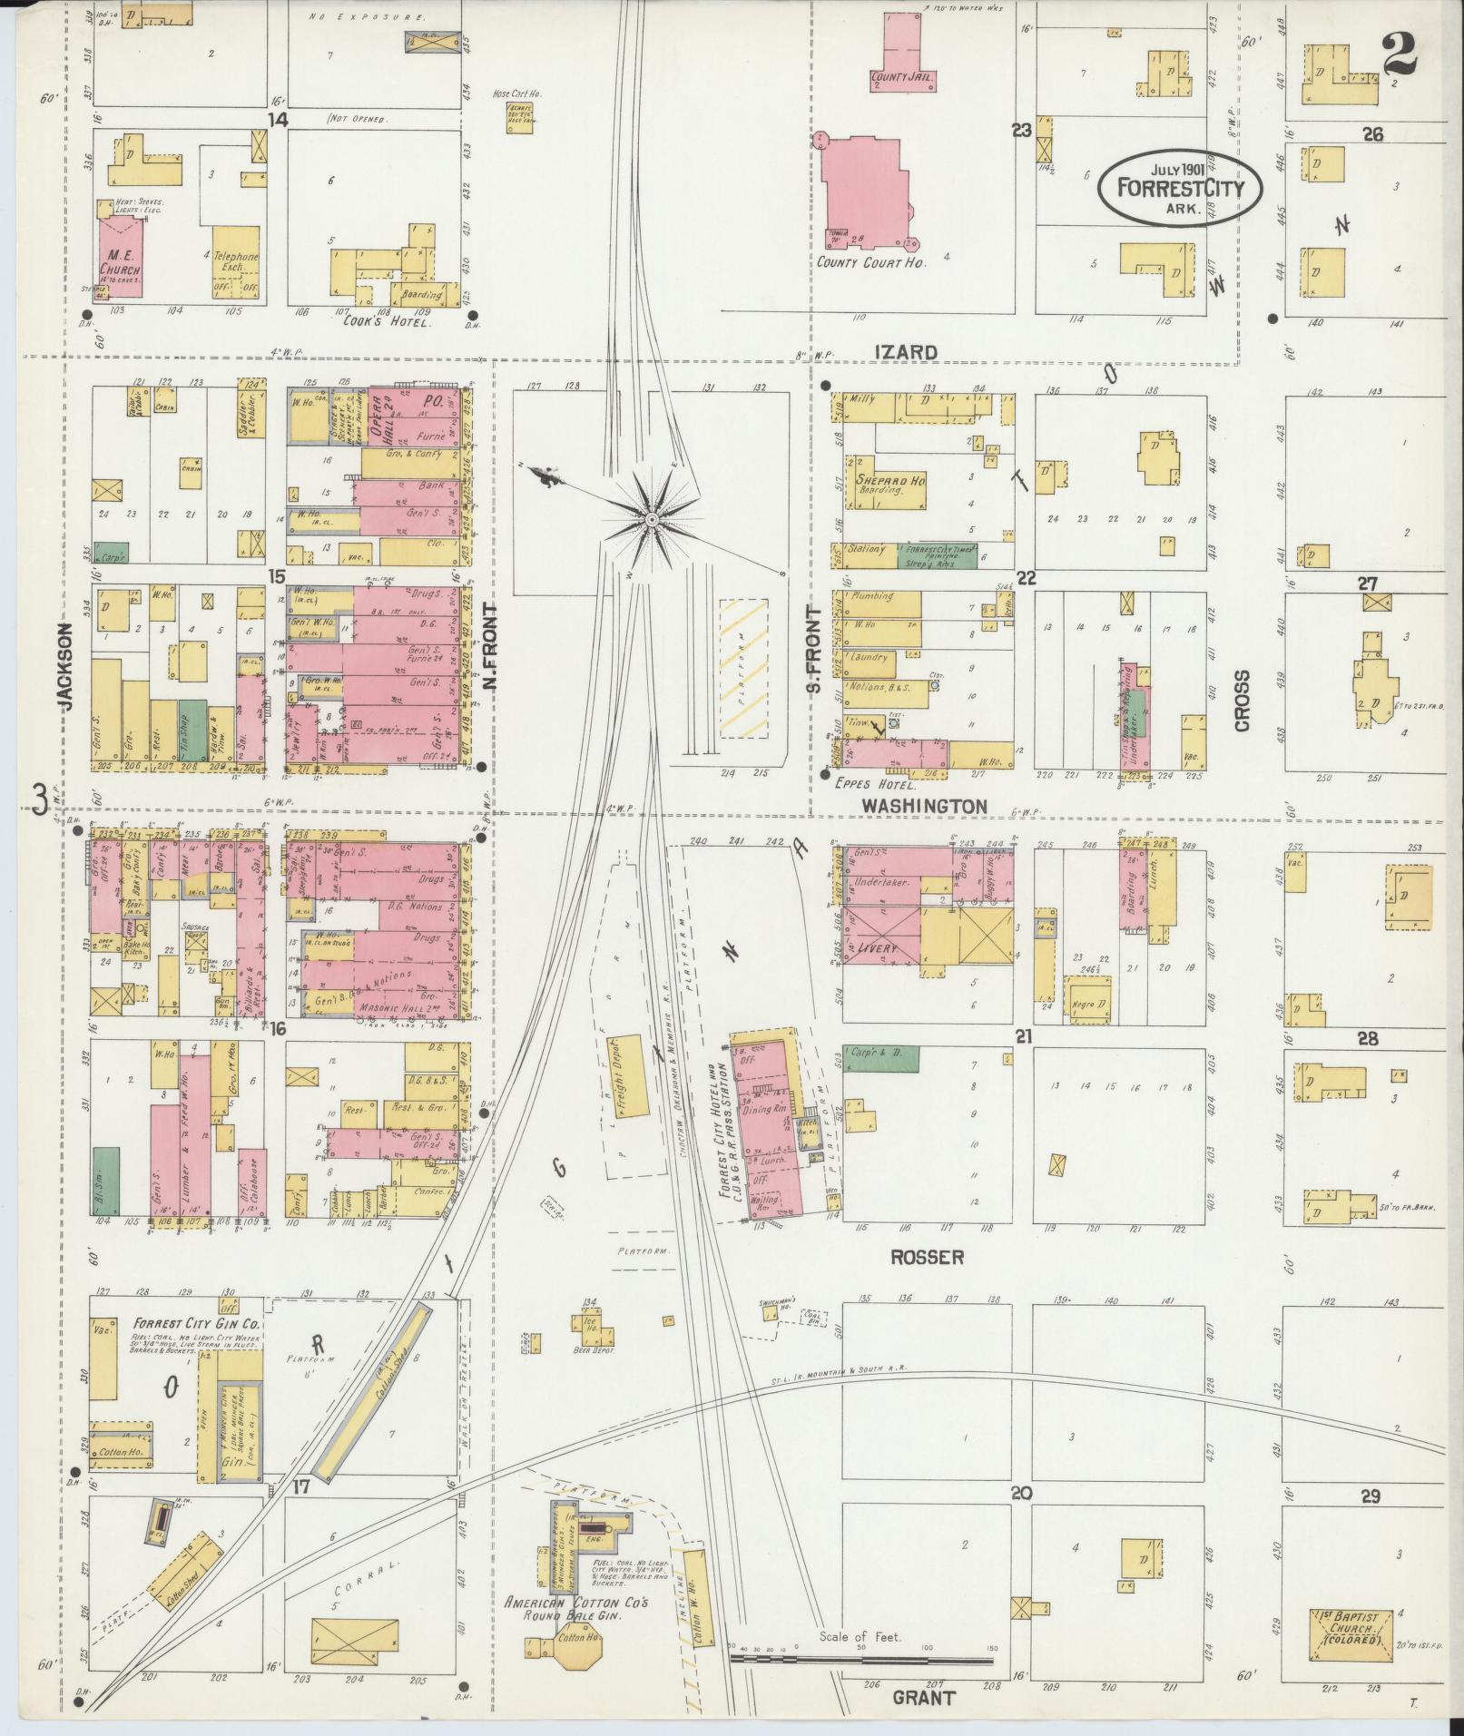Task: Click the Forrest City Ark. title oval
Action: tap(1179, 188)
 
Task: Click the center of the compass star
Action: tap(651, 519)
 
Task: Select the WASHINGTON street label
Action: tap(924, 806)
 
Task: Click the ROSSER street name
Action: tap(926, 1258)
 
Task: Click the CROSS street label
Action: tap(1242, 701)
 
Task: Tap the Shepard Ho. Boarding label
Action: tap(889, 482)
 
